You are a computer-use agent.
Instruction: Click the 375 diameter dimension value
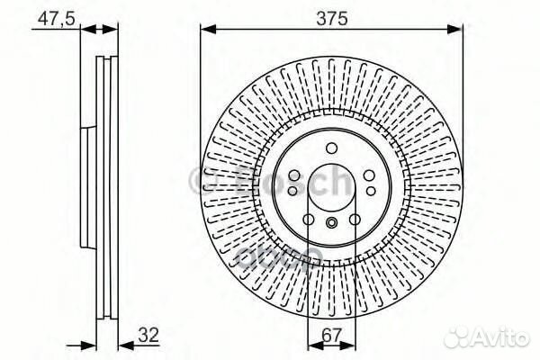[x=331, y=16]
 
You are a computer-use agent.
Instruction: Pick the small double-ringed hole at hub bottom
[x=331, y=225]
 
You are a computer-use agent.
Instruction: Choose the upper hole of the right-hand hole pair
[x=370, y=173]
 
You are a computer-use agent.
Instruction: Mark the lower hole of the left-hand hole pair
[x=293, y=191]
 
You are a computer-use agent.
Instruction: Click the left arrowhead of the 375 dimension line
[x=204, y=28]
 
